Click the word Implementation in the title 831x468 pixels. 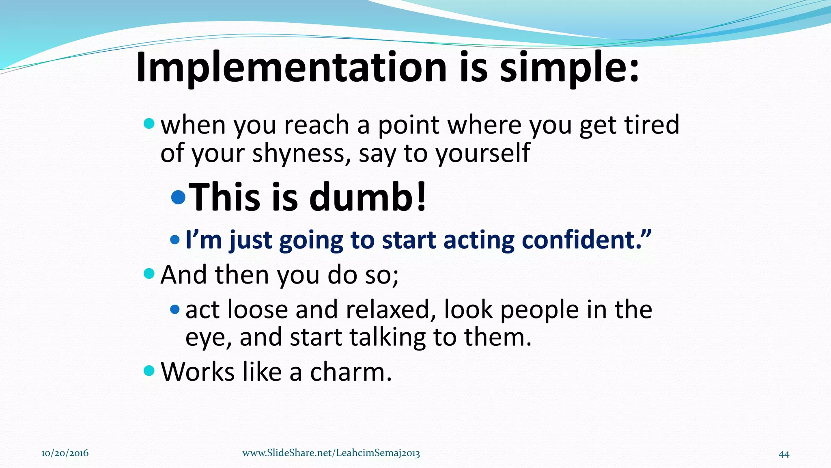pos(291,67)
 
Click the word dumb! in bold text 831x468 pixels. pos(368,197)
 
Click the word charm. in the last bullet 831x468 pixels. pos(351,372)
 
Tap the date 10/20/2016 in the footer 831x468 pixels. pos(65,453)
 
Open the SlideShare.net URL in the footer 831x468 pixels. pos(331,453)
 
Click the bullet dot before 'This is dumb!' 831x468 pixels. pos(178,197)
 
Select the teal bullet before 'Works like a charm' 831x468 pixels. pos(149,370)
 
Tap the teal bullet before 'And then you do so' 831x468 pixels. pos(149,273)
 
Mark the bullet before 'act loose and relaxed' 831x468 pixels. pos(175,310)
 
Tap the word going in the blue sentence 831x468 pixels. pos(311,241)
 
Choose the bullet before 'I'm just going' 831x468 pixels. pos(175,240)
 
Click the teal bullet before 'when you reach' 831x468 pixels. pos(149,123)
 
